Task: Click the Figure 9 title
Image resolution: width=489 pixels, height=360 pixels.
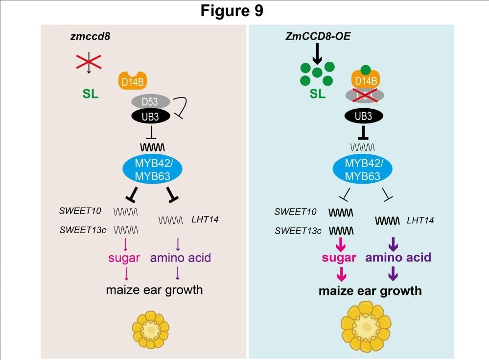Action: click(x=232, y=11)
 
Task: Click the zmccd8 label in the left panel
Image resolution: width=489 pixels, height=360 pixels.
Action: click(x=89, y=38)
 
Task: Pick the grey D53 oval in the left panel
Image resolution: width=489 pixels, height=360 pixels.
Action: click(x=150, y=102)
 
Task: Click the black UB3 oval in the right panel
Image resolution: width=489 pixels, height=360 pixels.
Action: click(x=364, y=117)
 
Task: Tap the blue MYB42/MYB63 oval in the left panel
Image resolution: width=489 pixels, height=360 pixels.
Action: click(x=152, y=169)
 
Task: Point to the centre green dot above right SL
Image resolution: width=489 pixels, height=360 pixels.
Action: click(x=318, y=72)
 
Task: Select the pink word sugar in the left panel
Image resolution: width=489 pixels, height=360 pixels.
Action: click(x=126, y=258)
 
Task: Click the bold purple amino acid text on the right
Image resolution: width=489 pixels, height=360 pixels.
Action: click(x=398, y=258)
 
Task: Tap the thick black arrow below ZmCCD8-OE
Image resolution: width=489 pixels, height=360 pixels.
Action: click(x=317, y=53)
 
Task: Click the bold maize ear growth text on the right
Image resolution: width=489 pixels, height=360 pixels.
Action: click(x=370, y=290)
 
